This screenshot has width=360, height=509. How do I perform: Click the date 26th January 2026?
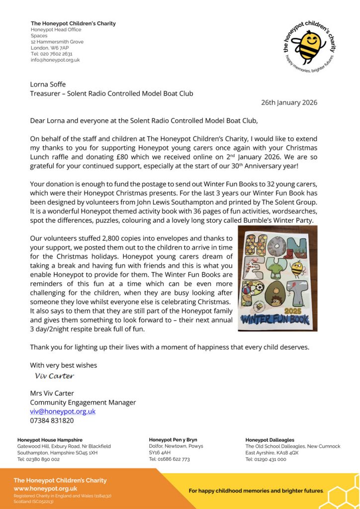[x=289, y=103]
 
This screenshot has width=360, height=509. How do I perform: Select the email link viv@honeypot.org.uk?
[x=63, y=411]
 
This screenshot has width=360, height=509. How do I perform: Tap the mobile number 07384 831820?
[x=52, y=421]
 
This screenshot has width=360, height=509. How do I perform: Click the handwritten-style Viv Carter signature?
[x=55, y=376]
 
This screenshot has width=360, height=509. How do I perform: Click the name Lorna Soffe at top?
[x=48, y=85]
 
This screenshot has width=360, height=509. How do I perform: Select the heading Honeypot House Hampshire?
[x=50, y=440]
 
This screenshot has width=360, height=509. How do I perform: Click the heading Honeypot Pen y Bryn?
[x=173, y=440]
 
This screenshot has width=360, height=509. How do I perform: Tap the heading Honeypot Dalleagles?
[x=270, y=440]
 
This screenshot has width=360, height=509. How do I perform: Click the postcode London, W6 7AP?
[x=50, y=48]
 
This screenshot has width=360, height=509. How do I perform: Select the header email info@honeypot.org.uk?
[x=55, y=60]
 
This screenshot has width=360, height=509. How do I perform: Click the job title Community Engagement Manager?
[x=83, y=402]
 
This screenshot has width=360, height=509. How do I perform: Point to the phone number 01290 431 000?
[x=266, y=459]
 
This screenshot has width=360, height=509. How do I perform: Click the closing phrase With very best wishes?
[x=63, y=365]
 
